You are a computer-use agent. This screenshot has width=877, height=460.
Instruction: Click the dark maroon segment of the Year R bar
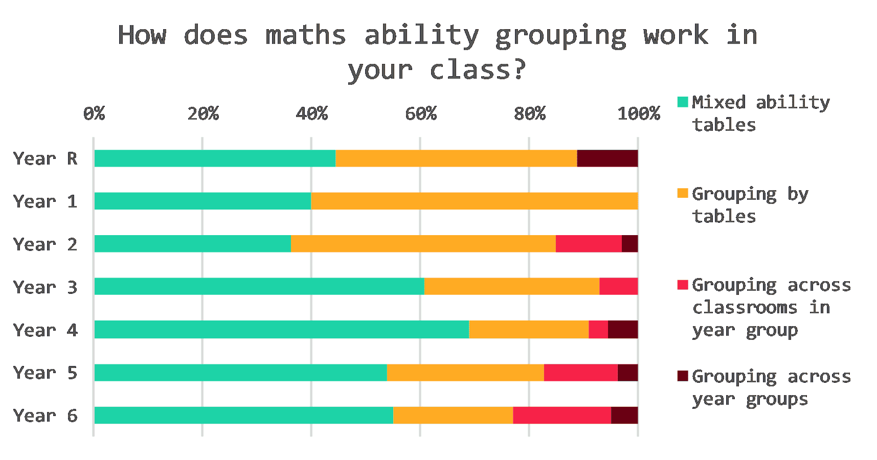coord(607,158)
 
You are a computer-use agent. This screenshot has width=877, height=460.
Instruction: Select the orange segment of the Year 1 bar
coord(474,201)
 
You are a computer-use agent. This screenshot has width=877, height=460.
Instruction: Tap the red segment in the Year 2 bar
coord(589,244)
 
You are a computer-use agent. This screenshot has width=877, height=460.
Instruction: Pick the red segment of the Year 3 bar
coord(618,286)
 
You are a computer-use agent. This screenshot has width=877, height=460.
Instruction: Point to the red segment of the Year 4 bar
coord(598,330)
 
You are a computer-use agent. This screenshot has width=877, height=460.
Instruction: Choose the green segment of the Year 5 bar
coord(240,373)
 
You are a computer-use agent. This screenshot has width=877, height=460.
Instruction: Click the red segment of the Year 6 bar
coord(562,415)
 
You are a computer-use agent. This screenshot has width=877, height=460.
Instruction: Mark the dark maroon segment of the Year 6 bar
coord(624,415)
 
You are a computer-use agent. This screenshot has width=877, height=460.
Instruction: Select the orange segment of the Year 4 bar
coord(529,330)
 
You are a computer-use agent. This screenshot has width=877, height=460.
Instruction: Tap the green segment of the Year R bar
coord(215,158)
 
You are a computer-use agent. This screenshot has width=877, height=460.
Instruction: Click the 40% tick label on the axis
coord(311,113)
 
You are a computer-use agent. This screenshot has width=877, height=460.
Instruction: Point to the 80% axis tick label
coord(529,113)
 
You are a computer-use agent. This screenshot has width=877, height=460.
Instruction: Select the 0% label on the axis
coord(94,113)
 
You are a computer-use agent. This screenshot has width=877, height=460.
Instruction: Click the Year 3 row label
coord(45,287)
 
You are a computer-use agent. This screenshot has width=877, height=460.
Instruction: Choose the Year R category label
coord(45,159)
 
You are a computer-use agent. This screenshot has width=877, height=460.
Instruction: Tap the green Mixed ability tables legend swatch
coord(682,102)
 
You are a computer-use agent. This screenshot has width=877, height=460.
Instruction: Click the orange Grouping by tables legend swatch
coord(682,193)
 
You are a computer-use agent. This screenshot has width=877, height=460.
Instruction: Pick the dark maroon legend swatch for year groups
coord(682,376)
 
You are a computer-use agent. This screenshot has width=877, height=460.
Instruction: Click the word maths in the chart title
coord(305,36)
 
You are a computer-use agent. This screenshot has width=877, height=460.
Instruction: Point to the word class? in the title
coord(478,70)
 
